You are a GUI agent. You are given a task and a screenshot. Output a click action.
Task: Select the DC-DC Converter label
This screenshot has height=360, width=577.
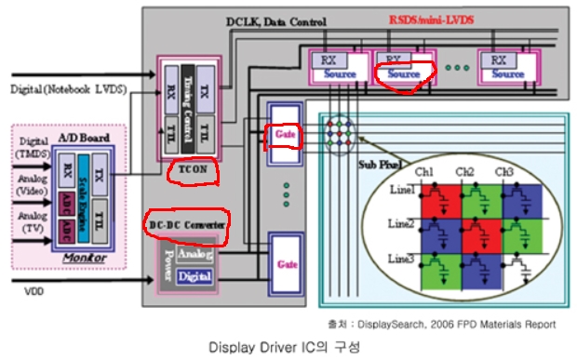[190, 224]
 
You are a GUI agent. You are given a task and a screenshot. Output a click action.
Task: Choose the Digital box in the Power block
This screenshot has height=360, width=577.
[194, 275]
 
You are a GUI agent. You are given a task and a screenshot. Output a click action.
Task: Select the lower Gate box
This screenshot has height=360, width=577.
[283, 264]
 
